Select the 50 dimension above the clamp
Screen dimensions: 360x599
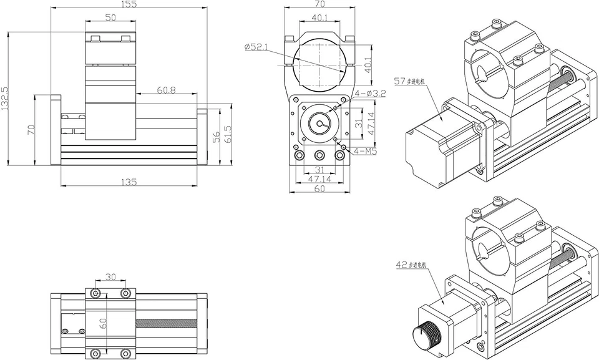point(110,18)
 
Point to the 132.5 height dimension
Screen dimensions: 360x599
point(6,99)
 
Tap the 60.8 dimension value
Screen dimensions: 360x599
point(166,90)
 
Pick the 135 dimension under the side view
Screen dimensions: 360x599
point(129,182)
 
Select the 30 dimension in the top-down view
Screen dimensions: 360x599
point(110,277)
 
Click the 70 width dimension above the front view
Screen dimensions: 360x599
point(319,4)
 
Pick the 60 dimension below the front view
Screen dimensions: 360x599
point(319,188)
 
